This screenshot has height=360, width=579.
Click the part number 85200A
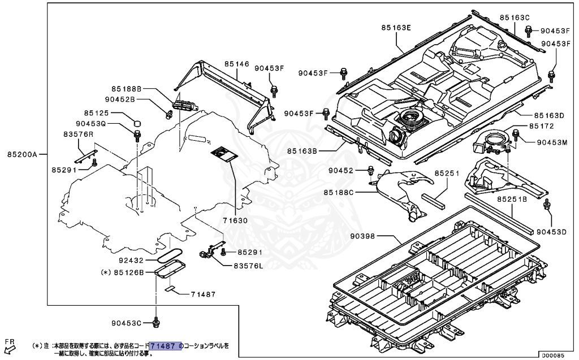tap(22, 154)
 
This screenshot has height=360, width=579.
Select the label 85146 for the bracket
tap(236, 64)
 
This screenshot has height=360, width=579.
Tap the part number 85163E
tap(396, 27)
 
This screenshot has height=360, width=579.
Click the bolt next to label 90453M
tap(516, 135)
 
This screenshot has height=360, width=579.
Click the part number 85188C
tap(339, 192)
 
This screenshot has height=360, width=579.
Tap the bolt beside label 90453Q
tap(137, 135)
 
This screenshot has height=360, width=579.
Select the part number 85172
tap(541, 125)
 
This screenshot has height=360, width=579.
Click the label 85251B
tap(512, 199)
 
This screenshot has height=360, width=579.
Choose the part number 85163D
tap(550, 115)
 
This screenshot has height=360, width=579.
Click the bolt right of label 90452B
tap(168, 115)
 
